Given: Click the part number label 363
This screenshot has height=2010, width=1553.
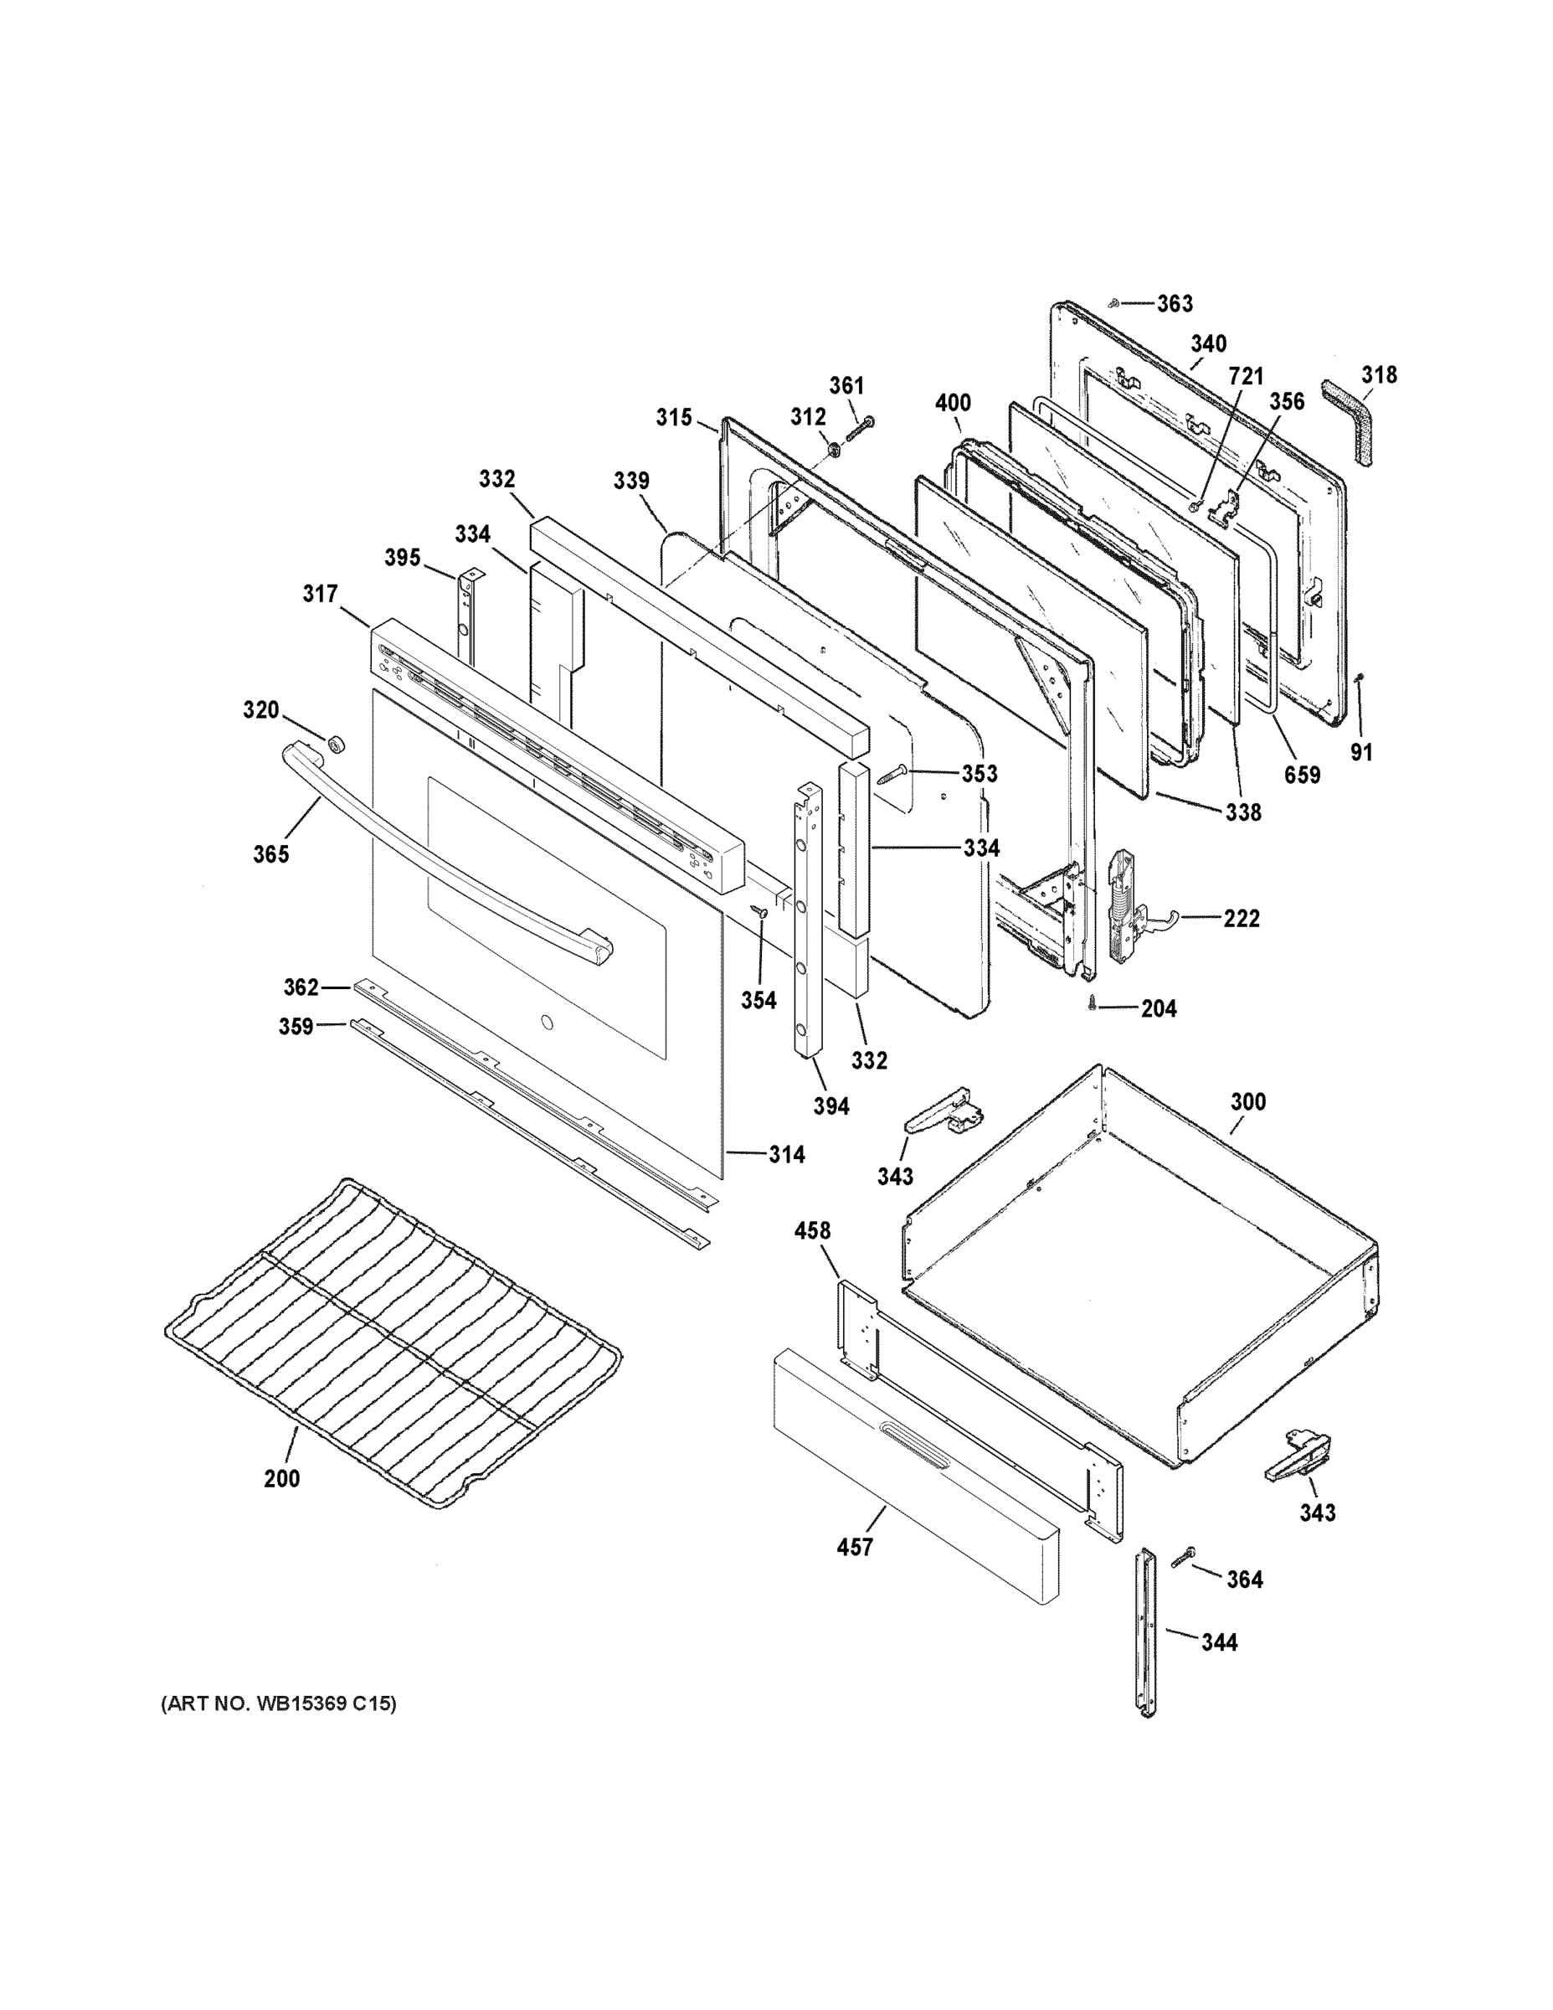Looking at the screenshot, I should [1174, 304].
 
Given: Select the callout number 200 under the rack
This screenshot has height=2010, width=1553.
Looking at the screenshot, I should [281, 1479].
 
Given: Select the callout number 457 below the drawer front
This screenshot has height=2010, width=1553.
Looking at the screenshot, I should [854, 1548].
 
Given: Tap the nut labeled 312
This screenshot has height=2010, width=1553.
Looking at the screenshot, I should [835, 449].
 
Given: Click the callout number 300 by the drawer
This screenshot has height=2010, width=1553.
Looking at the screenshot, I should [1247, 1101].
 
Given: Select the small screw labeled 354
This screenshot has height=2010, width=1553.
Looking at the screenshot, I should [760, 911].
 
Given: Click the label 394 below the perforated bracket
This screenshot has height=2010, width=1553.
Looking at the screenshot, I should [830, 1106].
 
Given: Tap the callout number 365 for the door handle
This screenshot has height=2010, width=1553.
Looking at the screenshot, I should [271, 854].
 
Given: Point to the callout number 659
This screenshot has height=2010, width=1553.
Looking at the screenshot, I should [1302, 775].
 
